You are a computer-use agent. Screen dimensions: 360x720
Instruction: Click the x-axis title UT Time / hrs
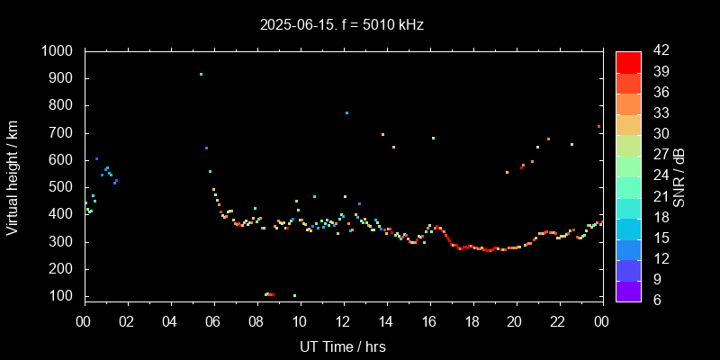[x=343, y=346]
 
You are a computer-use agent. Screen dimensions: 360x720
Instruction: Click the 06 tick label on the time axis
[x=213, y=322]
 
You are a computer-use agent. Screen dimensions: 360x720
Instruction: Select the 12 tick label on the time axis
[x=343, y=322]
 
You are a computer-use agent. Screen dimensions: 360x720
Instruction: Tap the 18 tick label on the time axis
[x=472, y=322]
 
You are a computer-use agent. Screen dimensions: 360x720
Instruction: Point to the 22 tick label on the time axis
[x=558, y=322]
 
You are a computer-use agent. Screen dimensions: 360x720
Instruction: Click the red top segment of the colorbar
[x=627, y=61]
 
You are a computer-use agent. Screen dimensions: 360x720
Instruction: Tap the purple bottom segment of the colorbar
[x=627, y=290]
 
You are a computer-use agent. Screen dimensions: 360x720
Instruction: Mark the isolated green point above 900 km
[x=201, y=74]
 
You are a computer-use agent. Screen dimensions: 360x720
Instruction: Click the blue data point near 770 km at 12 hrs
[x=346, y=112]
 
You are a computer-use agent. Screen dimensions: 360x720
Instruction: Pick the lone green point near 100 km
[x=294, y=295]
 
